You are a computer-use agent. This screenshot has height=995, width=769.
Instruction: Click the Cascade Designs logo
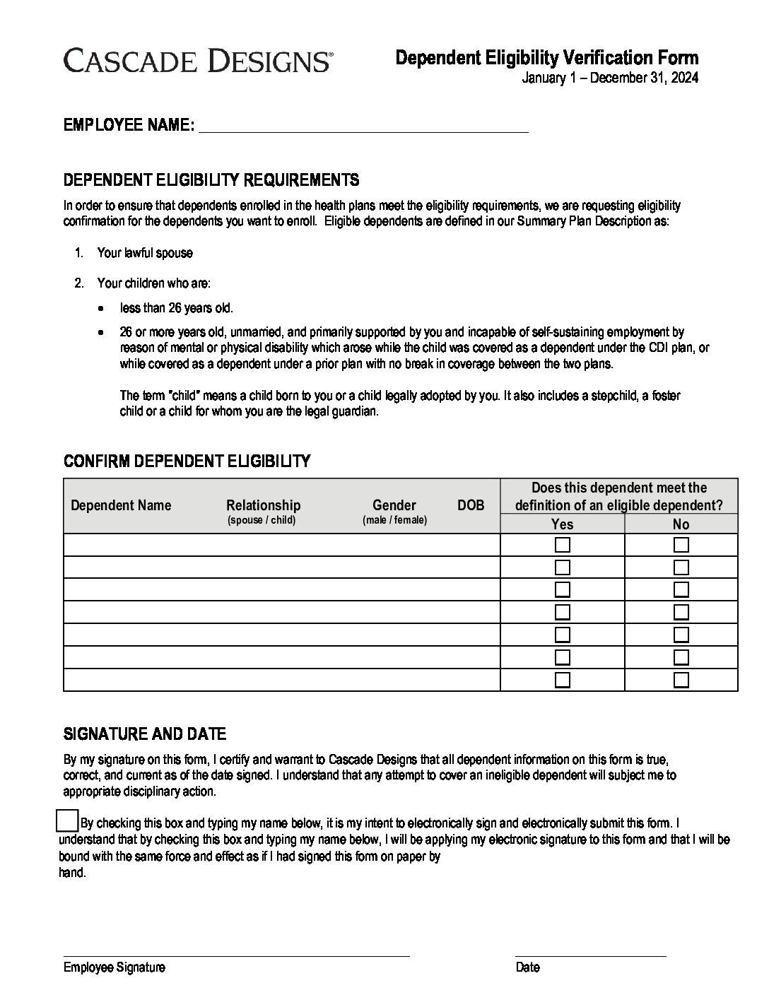(x=197, y=61)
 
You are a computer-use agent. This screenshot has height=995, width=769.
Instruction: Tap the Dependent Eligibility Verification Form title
(x=546, y=58)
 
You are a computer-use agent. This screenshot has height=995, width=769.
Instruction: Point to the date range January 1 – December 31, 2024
(x=609, y=78)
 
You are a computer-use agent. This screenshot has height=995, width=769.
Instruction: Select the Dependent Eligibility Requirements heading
(x=211, y=179)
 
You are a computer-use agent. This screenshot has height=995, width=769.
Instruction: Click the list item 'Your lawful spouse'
(x=145, y=253)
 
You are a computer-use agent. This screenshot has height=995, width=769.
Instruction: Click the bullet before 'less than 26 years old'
(x=103, y=309)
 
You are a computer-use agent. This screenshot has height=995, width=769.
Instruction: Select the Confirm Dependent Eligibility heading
(x=187, y=461)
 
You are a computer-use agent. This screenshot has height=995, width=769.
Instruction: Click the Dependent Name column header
(x=121, y=505)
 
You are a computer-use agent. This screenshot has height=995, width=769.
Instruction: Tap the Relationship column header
(x=263, y=505)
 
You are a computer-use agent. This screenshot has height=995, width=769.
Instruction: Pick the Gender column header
(x=394, y=505)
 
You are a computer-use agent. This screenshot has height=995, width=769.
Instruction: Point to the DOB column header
(x=471, y=505)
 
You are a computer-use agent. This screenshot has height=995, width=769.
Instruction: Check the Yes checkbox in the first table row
(x=563, y=545)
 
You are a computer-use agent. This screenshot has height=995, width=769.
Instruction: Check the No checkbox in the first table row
(x=681, y=545)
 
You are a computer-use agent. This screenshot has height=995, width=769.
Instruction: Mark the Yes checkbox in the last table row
(x=563, y=680)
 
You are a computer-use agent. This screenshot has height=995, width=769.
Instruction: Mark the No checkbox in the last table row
(x=681, y=680)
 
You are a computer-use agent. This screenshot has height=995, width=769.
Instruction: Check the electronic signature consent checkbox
(x=66, y=820)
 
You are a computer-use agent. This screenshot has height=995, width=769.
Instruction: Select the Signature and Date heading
(x=145, y=734)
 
